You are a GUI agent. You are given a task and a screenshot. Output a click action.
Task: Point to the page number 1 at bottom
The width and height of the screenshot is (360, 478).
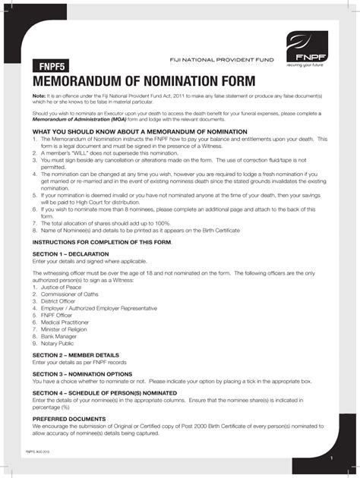coord(332,460)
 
